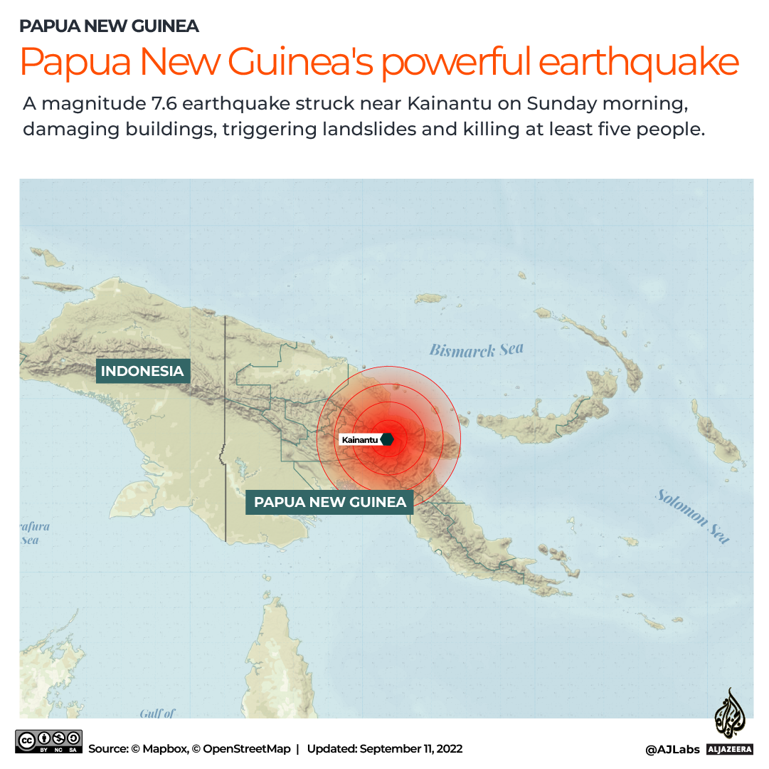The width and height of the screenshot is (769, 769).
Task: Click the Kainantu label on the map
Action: (360, 440)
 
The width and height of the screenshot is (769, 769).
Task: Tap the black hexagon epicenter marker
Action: (387, 439)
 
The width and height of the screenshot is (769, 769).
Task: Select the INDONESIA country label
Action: (142, 371)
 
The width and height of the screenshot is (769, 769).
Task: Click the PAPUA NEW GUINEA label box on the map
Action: (330, 502)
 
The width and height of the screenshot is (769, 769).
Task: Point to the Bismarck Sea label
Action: (476, 350)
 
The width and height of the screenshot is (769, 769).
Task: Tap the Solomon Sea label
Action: (693, 516)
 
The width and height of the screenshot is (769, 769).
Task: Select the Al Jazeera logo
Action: (730, 721)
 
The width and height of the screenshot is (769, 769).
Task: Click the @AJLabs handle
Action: (672, 749)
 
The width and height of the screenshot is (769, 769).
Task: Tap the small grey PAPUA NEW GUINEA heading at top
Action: (109, 26)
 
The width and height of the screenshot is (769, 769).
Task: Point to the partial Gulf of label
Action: (157, 713)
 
